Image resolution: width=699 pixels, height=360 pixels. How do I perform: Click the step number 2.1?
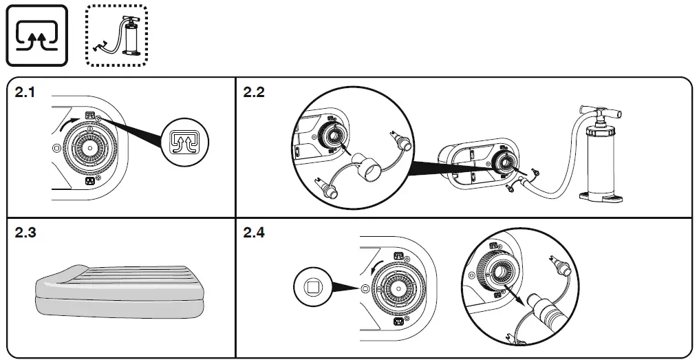[x=27, y=93]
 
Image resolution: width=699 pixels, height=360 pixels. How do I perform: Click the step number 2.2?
[x=254, y=93]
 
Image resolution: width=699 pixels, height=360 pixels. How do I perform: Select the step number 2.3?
[x=27, y=233]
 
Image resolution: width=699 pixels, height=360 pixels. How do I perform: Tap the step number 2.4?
[x=254, y=233]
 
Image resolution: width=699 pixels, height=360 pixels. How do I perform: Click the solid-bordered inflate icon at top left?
[x=37, y=36]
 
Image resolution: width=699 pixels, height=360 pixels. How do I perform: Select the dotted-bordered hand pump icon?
[x=116, y=36]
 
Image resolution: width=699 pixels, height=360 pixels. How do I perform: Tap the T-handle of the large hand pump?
[x=601, y=110]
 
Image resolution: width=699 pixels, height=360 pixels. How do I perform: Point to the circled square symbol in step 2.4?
[x=312, y=286]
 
